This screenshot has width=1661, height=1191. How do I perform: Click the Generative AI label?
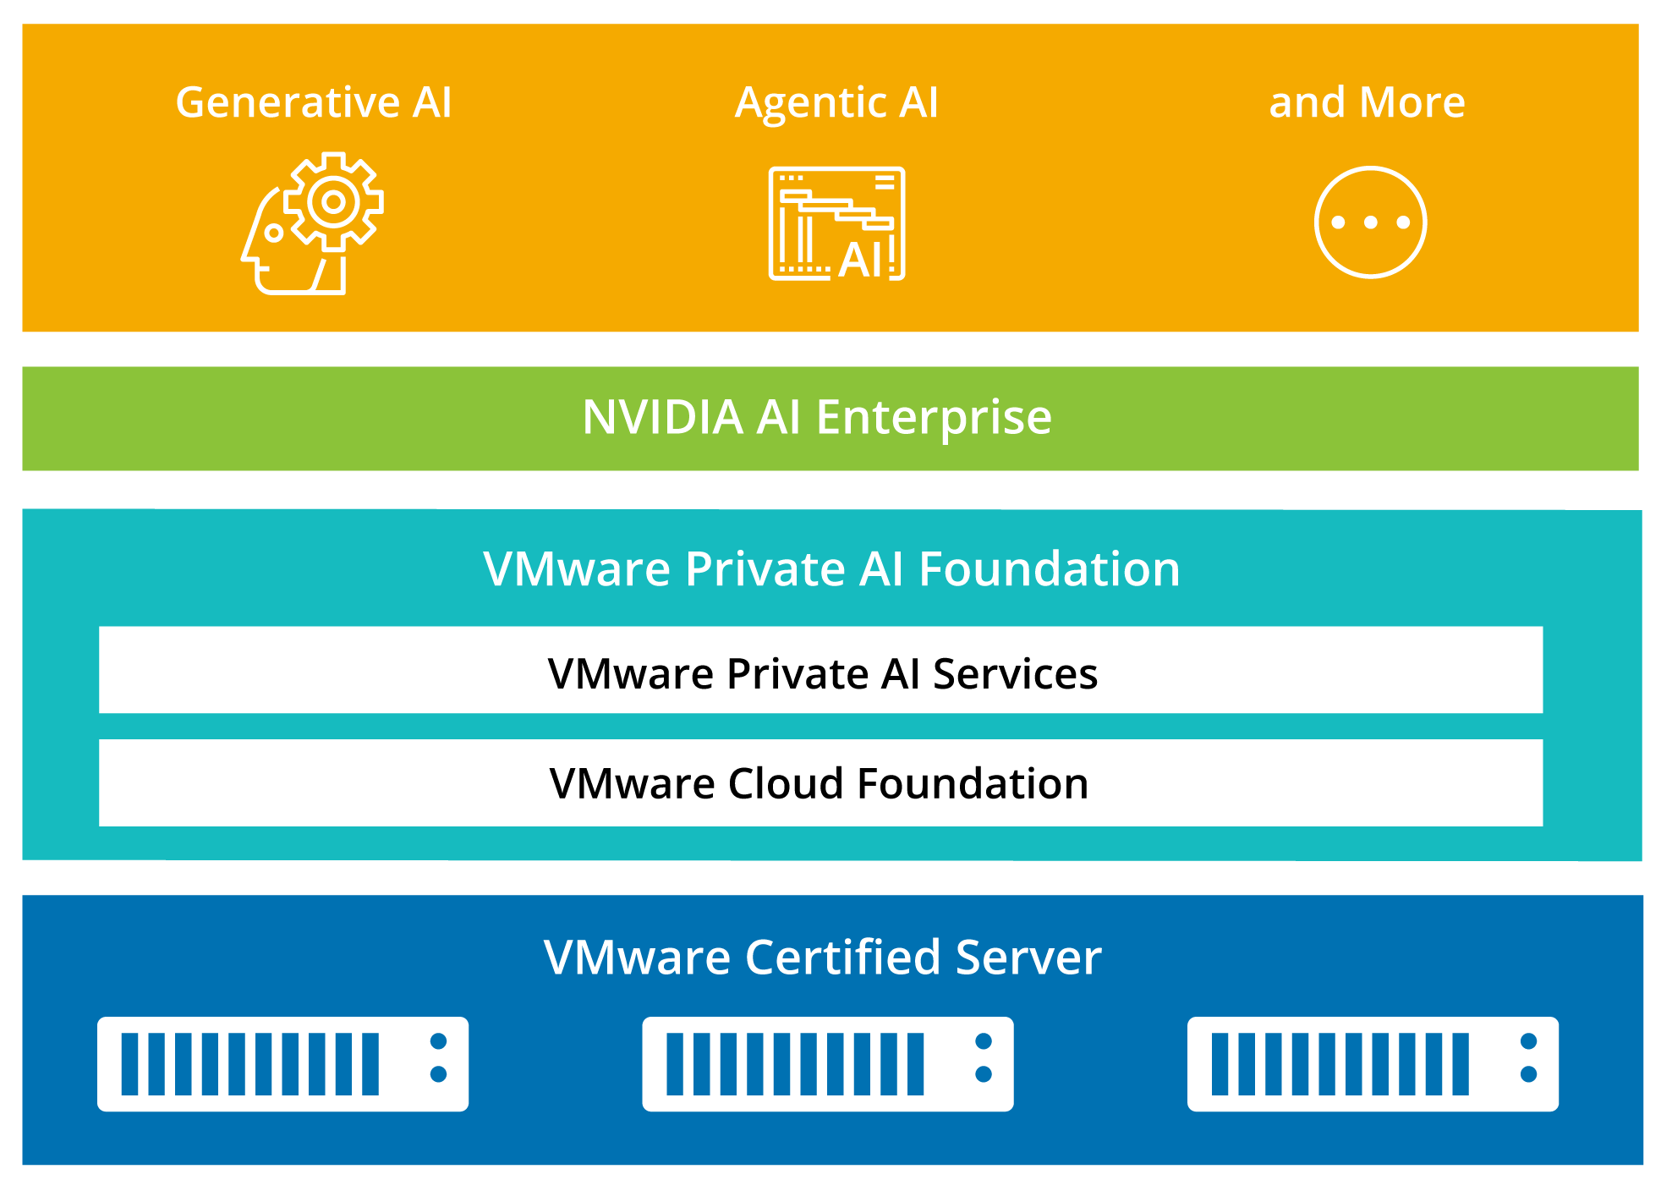[314, 102]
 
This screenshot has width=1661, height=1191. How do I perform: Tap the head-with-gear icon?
[312, 223]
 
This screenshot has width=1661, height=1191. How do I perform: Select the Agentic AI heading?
[836, 102]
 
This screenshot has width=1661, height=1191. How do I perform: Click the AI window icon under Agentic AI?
[836, 224]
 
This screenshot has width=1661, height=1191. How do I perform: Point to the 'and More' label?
[1367, 102]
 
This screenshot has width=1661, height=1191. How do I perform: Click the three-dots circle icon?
[1370, 222]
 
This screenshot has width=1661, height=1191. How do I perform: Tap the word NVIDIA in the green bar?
[662, 417]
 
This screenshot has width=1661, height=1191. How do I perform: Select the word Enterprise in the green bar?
[934, 417]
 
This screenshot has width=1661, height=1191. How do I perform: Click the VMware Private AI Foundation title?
[831, 568]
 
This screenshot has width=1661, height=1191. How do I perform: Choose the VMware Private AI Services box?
[820, 670]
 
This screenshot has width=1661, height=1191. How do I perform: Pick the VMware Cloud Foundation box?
[820, 782]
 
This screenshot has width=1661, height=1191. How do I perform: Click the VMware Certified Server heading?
[822, 957]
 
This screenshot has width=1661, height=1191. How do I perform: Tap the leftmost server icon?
[282, 1064]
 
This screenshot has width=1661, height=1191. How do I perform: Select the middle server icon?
[827, 1064]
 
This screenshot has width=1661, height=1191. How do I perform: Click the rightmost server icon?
[1373, 1064]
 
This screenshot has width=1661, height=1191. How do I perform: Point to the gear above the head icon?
[333, 201]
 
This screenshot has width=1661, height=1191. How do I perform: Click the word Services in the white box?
[1015, 674]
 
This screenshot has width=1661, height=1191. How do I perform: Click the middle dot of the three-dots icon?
[1370, 222]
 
